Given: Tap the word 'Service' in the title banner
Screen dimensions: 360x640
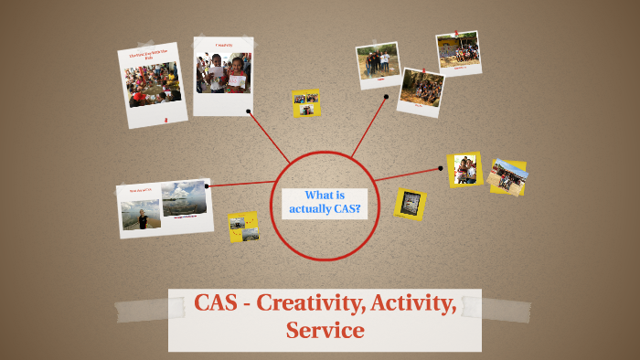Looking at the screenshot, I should (325, 330).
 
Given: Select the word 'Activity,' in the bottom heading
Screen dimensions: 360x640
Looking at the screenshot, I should (412, 303).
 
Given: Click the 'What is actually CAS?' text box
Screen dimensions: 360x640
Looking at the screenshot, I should (325, 202).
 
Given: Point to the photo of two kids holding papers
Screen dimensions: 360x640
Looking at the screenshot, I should (223, 73).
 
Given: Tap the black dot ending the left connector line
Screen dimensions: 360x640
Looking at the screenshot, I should (208, 185).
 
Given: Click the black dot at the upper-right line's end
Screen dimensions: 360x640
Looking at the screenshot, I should (386, 96).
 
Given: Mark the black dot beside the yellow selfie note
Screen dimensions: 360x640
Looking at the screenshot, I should (441, 168).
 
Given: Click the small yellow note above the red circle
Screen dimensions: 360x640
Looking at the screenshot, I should (305, 102).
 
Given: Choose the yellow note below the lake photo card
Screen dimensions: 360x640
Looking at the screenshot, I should (243, 227).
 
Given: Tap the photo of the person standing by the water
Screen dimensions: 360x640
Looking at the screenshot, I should (142, 214).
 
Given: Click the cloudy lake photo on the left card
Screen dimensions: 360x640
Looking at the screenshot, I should (184, 198).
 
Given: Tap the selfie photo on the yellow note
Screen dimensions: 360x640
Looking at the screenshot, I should (465, 169).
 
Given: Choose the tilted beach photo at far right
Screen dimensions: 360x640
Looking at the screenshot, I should (507, 176).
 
